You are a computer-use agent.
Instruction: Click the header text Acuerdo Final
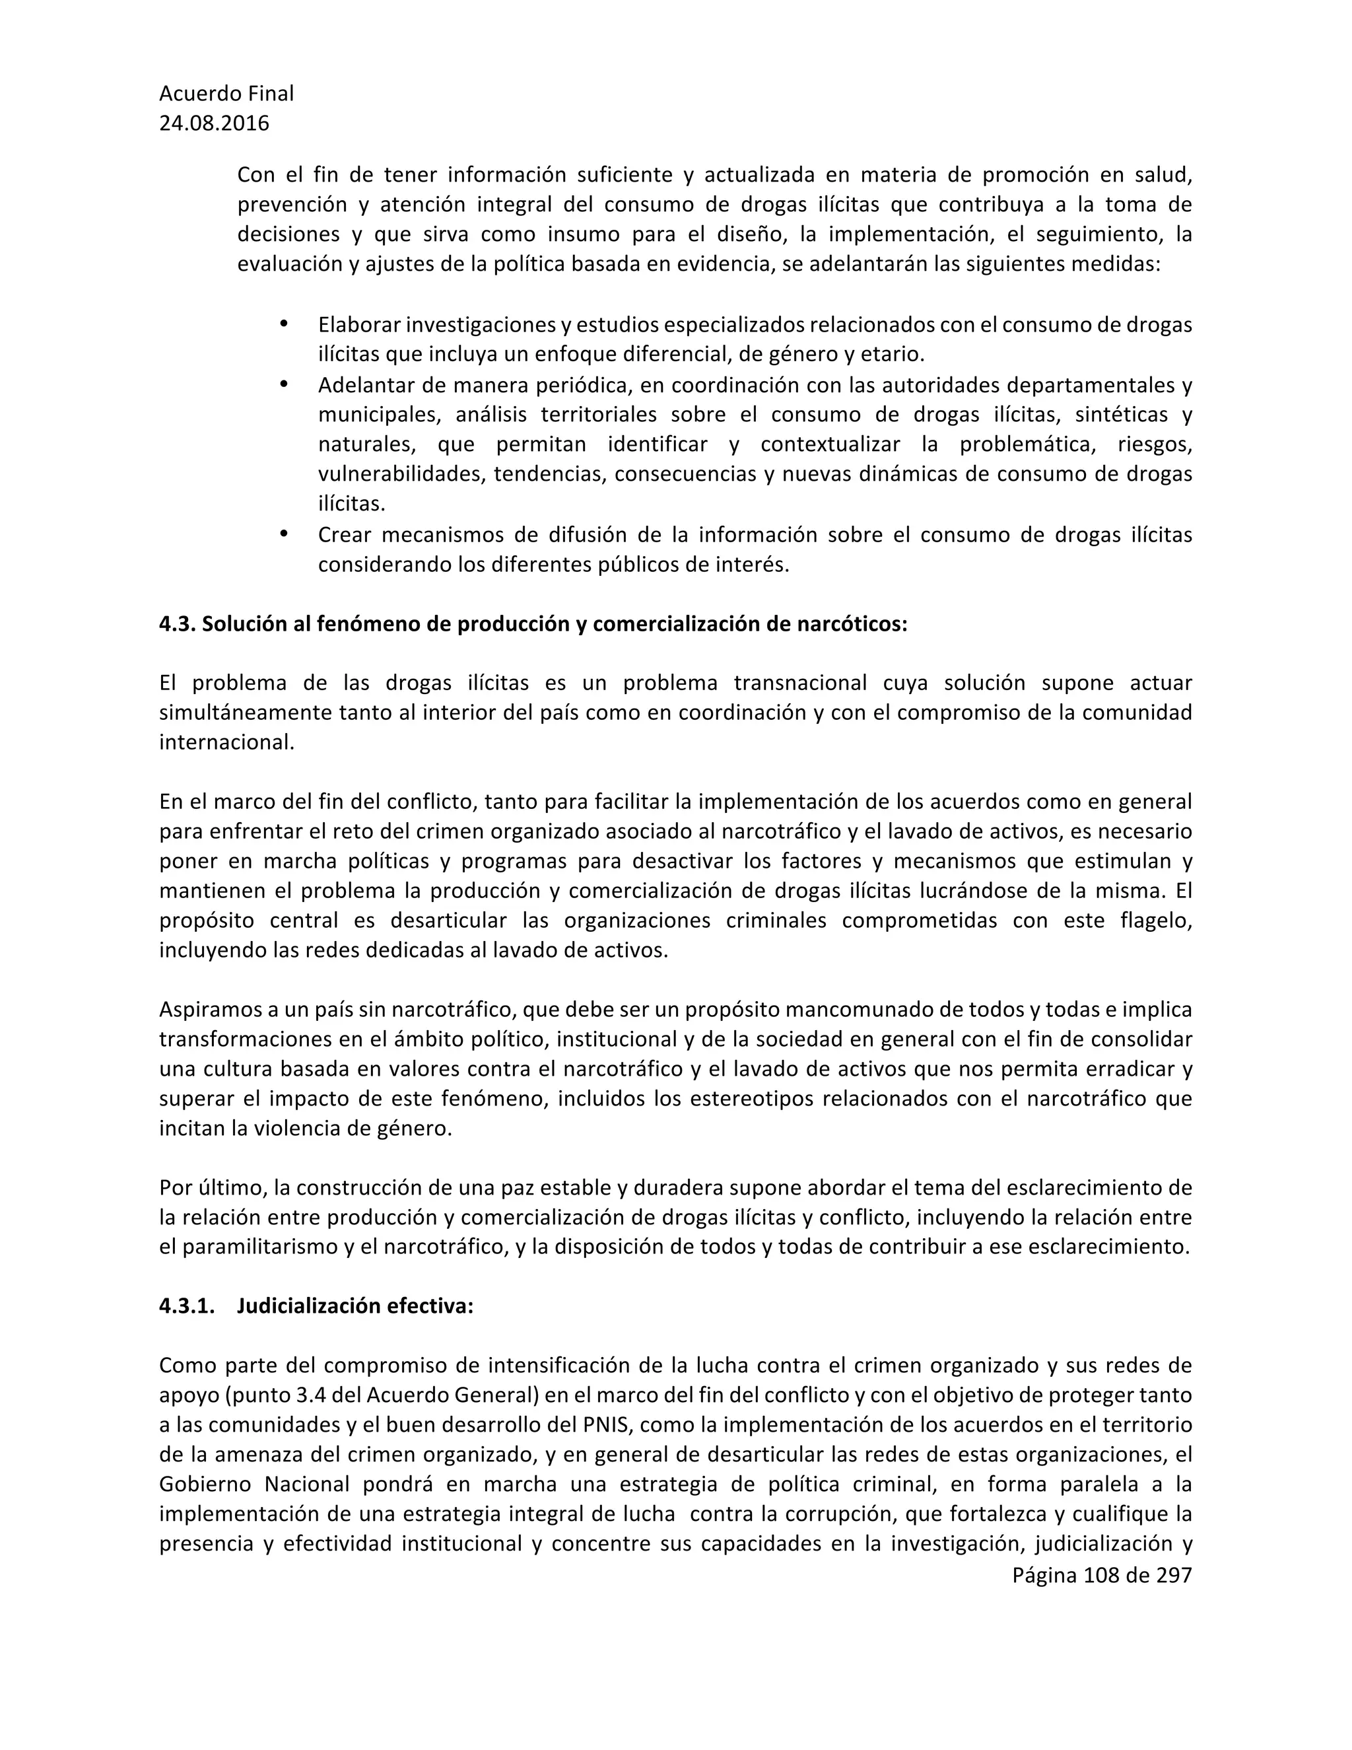click(x=226, y=94)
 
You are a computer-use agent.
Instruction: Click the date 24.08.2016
click(x=214, y=123)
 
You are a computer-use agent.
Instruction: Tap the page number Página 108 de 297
click(x=1101, y=1575)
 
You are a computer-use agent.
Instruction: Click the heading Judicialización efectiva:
click(x=355, y=1306)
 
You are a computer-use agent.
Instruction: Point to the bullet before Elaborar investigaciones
click(x=283, y=324)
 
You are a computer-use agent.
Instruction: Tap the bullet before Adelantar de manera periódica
click(x=283, y=384)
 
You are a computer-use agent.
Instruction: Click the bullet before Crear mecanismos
click(x=283, y=534)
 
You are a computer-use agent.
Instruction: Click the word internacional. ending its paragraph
click(x=226, y=743)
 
